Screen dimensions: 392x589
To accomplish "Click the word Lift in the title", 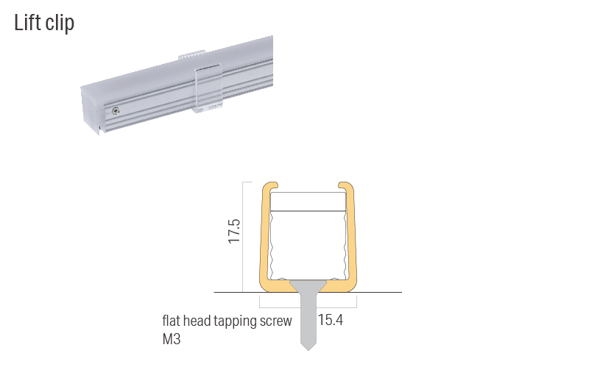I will tap(28, 23).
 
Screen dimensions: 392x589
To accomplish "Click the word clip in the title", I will tap(59, 24).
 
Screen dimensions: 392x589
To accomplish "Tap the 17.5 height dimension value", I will tap(235, 230).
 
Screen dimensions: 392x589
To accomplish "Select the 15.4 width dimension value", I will tap(331, 321).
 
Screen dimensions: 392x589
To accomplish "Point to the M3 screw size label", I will tap(171, 340).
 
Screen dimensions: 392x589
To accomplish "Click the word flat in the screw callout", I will tap(172, 321).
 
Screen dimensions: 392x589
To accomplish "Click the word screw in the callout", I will tap(276, 321).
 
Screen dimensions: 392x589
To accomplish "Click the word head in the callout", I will tap(200, 321).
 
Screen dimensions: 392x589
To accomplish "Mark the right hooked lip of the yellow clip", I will tap(347, 185).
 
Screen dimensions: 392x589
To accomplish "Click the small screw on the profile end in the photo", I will tap(116, 111).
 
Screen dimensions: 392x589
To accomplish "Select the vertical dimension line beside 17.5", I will tap(244, 235).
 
